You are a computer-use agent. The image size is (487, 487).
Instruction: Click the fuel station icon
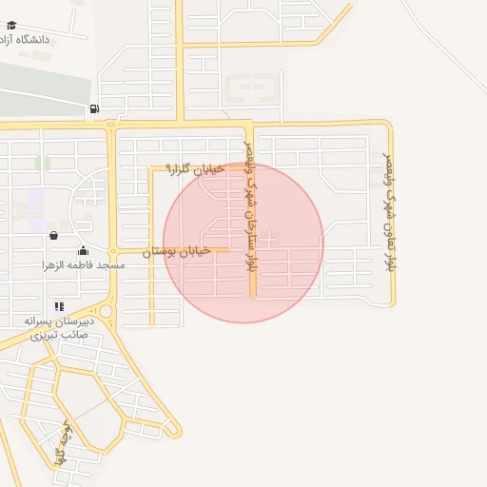93,108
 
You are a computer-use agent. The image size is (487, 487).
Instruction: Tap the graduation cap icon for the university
9,39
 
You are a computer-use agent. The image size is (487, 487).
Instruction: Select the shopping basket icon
53,235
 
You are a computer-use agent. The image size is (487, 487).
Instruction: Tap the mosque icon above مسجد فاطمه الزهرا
84,251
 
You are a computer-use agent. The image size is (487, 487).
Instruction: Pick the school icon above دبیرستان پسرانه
59,306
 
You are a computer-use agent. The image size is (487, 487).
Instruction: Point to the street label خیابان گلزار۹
195,168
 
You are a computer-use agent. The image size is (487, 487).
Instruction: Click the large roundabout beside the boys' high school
106,311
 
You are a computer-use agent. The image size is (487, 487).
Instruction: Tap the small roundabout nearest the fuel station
111,125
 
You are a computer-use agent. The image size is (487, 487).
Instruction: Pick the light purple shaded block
36,203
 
